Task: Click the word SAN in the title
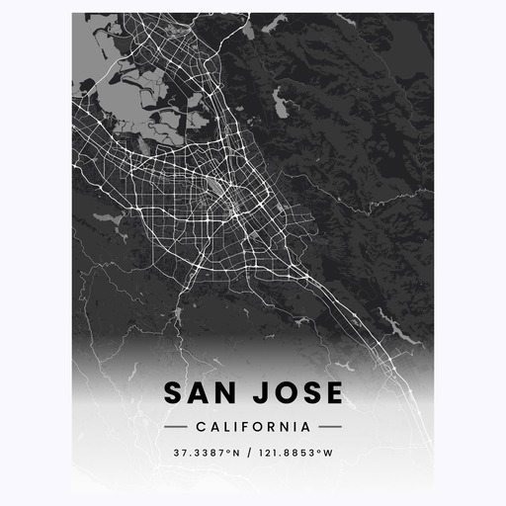click(201, 393)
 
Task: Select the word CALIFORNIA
click(253, 427)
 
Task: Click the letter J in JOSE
click(258, 393)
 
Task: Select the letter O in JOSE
click(283, 393)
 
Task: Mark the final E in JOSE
click(334, 393)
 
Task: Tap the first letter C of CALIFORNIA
click(201, 427)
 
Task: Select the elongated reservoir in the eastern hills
click(280, 99)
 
